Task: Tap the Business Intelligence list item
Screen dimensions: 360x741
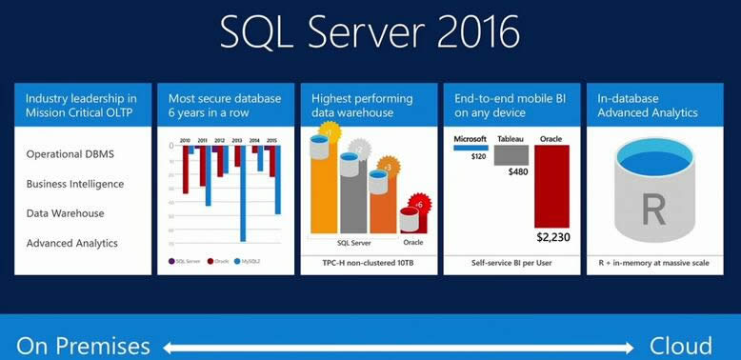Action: tap(75, 184)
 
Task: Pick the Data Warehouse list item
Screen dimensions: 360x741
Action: tap(66, 213)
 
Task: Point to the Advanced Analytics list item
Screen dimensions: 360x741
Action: tap(72, 243)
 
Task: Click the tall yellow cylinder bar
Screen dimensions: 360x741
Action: tap(323, 186)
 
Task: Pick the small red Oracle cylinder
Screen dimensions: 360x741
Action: tap(411, 219)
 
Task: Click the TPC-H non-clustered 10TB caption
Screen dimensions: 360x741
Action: tap(370, 261)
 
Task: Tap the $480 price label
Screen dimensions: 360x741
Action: tap(517, 171)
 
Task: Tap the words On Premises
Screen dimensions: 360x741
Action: tap(83, 344)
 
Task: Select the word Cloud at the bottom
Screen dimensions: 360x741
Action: tap(681, 344)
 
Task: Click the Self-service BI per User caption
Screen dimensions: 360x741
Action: tap(512, 261)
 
